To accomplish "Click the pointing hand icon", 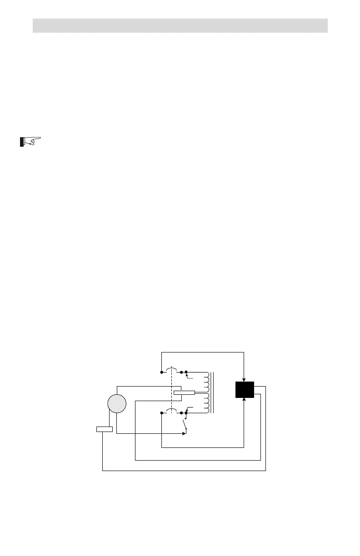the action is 30,142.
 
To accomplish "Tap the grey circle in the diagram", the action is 116,404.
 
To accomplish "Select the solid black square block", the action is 245,390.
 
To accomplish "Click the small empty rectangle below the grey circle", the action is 105,429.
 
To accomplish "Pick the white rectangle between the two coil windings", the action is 184,392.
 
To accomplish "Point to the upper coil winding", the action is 207,382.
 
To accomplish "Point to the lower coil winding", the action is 207,403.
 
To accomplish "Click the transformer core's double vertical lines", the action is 213,392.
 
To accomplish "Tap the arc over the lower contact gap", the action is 171,410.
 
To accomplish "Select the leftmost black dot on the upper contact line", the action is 161,372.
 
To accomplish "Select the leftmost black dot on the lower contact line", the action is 161,413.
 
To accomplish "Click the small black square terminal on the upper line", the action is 186,372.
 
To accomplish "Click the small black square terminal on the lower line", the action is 186,413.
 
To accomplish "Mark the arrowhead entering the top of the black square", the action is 245,379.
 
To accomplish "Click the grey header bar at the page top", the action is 180,25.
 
